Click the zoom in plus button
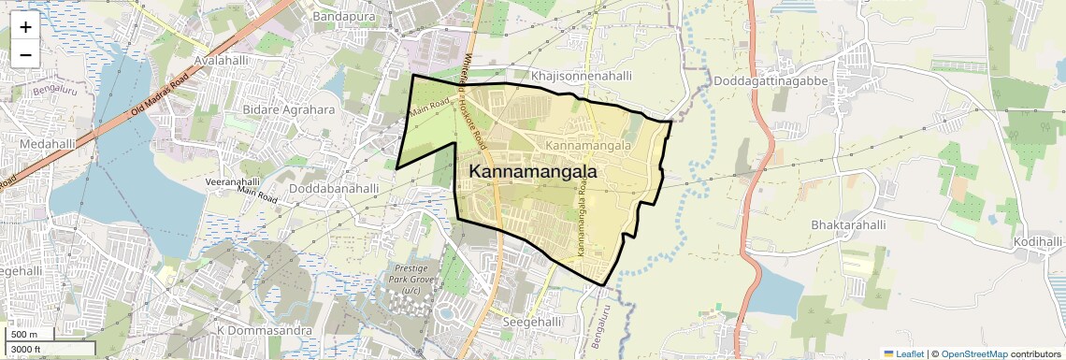point(25,27)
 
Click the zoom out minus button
point(25,54)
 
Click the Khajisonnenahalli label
point(582,75)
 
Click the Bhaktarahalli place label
point(848,225)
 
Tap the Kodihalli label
point(1038,242)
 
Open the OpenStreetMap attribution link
point(973,353)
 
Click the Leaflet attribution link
point(903,353)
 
